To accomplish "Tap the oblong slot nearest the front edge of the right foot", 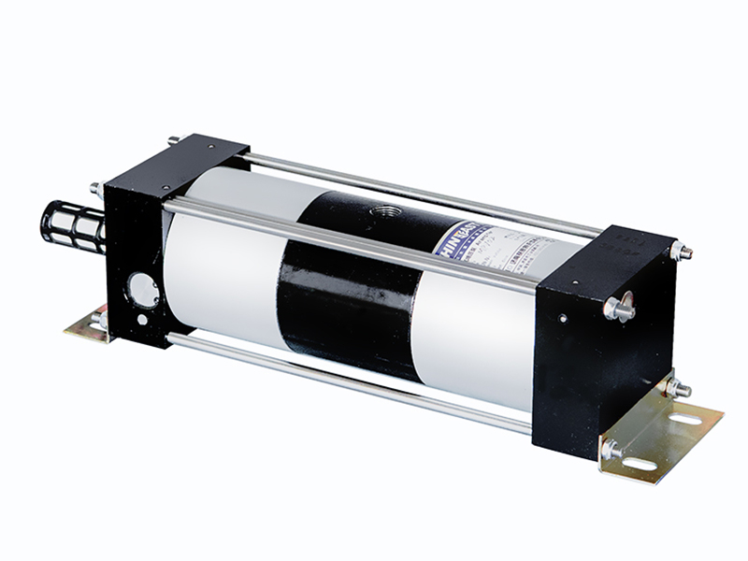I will tap(640, 464).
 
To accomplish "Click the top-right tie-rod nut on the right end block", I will tap(681, 251).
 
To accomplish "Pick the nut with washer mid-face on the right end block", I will tap(618, 307).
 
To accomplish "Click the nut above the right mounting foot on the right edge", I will tap(675, 386).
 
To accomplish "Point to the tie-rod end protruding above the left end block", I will tap(174, 141).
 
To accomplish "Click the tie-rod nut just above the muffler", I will tap(96, 189).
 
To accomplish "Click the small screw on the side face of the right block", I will tap(563, 318).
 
